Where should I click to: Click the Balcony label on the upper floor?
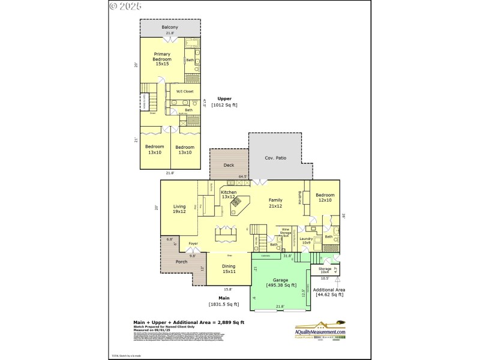click(x=170, y=28)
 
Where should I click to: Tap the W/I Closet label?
click(x=184, y=91)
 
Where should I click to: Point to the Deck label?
click(x=229, y=165)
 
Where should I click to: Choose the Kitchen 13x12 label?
click(x=228, y=194)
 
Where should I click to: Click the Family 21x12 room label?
click(x=275, y=203)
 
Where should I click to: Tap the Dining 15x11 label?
click(x=228, y=269)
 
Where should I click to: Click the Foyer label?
click(x=193, y=244)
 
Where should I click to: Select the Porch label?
click(x=181, y=262)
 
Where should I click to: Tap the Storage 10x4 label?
click(x=325, y=271)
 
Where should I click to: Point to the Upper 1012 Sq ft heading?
click(x=224, y=101)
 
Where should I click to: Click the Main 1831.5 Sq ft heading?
click(x=224, y=301)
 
